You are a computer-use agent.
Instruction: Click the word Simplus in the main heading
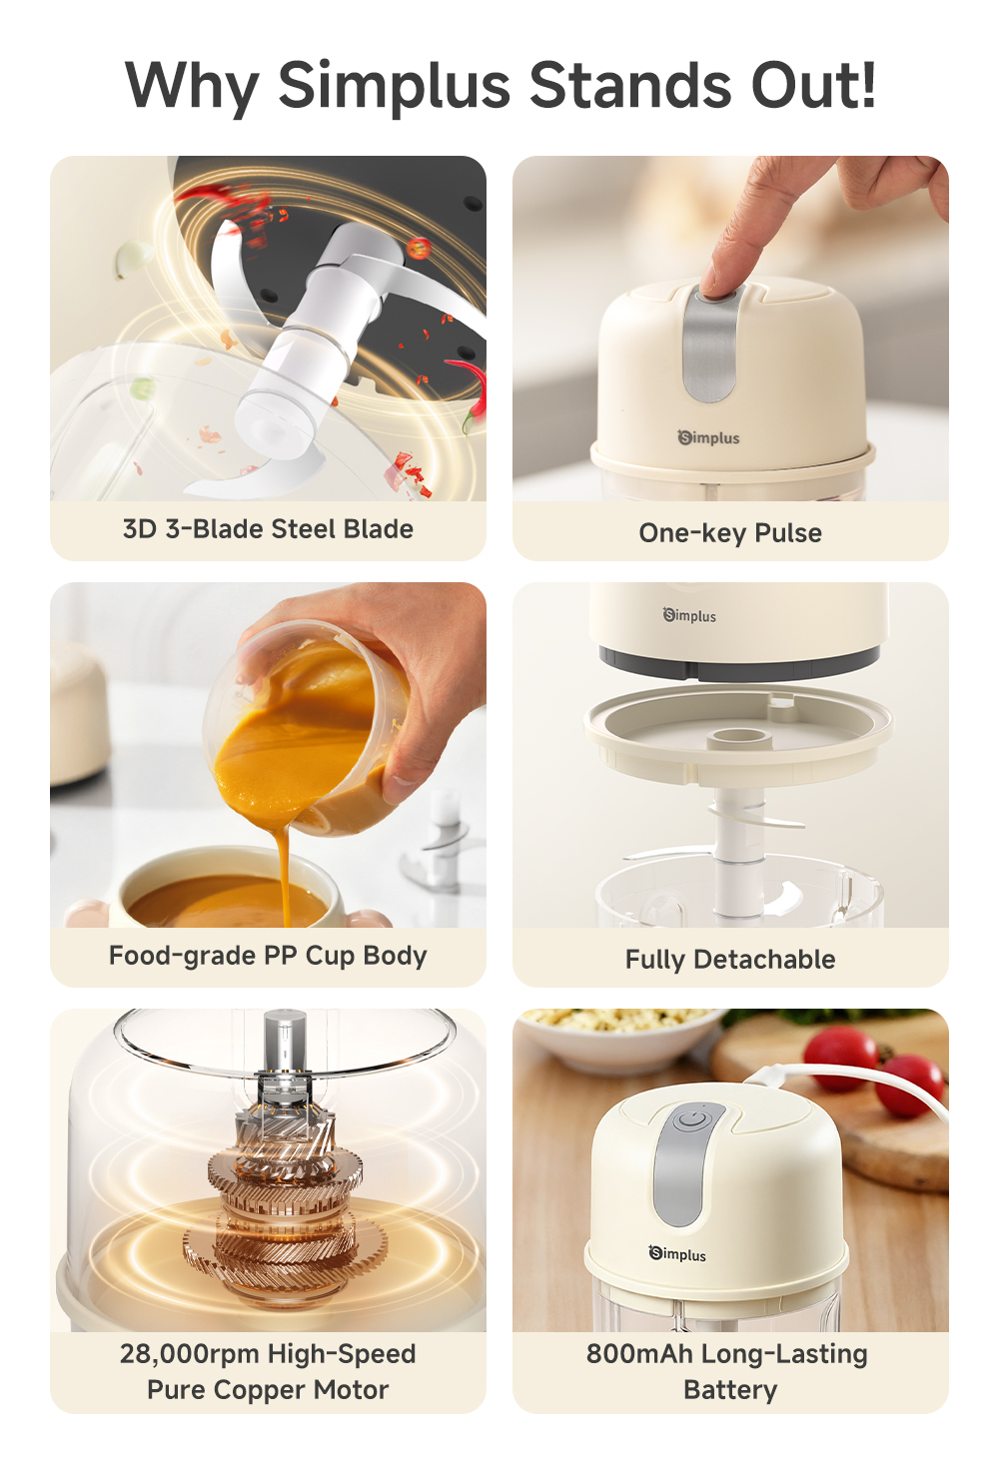394,86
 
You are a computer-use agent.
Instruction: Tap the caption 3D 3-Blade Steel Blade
268,529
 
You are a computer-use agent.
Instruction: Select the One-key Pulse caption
730,533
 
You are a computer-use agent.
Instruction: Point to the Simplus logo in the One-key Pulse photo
709,437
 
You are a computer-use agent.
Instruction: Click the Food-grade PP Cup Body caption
268,956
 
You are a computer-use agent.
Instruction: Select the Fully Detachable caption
730,960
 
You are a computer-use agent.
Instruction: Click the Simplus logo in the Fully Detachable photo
690,615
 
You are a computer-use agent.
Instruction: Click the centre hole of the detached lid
737,738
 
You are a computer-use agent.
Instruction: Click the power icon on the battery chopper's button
692,1119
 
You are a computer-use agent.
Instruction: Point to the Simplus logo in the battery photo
678,1254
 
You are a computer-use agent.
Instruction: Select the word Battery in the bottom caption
730,1390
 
